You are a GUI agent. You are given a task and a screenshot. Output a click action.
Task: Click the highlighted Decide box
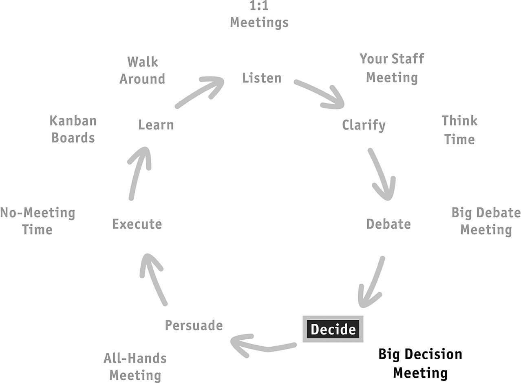[333, 329]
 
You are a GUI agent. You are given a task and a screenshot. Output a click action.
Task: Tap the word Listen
[262, 78]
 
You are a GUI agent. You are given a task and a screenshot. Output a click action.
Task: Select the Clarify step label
[364, 125]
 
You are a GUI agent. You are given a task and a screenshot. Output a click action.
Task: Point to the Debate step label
[389, 224]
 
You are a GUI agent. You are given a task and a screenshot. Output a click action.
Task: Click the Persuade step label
[194, 325]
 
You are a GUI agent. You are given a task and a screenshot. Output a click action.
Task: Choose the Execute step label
[137, 224]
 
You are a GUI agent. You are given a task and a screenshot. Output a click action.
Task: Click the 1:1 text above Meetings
[259, 5]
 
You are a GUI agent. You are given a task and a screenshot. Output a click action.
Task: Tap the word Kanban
[73, 121]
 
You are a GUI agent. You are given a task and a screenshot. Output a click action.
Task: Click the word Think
[459, 121]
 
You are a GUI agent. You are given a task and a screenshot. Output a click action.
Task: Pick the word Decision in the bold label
[433, 354]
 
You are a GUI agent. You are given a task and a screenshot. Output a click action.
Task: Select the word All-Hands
[135, 358]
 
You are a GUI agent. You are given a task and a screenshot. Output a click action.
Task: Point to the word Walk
[143, 62]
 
